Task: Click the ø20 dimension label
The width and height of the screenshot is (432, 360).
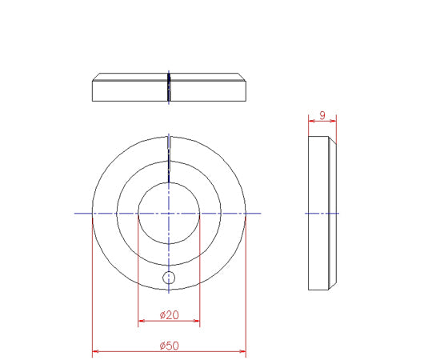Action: coord(169,315)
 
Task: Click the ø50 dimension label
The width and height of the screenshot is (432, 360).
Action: coord(169,346)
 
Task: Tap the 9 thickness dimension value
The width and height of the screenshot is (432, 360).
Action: coord(322,115)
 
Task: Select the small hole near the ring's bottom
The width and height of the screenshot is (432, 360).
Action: coord(169,278)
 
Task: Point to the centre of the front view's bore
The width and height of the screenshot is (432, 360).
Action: coord(169,213)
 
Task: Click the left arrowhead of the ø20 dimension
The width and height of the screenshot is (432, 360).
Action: coord(141,321)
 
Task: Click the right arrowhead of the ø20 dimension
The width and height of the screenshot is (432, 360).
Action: coord(197,321)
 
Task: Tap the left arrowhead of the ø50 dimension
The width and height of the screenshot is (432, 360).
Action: coord(95,351)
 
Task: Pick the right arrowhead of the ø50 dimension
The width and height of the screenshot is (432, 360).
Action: coord(242,351)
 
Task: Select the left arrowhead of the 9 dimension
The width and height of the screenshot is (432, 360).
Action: coord(312,121)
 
